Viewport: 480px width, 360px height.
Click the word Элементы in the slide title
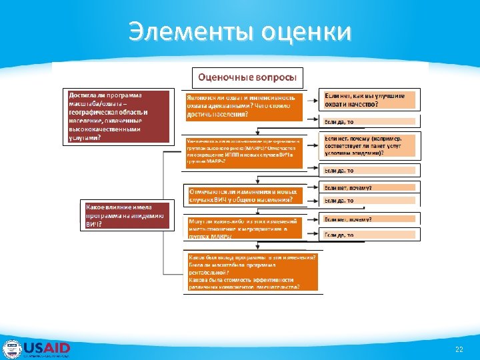click(x=189, y=31)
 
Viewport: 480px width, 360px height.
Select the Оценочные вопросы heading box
click(x=247, y=77)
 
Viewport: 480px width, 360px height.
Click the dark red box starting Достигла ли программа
click(x=117, y=116)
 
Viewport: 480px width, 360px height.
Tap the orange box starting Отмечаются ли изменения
click(x=243, y=195)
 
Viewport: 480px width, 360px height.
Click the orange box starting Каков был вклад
click(x=251, y=272)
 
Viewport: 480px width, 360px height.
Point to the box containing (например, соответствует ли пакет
click(x=369, y=145)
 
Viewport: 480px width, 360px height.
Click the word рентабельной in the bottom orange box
click(x=208, y=272)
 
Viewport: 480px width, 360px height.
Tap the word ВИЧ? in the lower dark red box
click(x=94, y=225)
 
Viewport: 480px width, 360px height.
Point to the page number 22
click(x=459, y=349)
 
